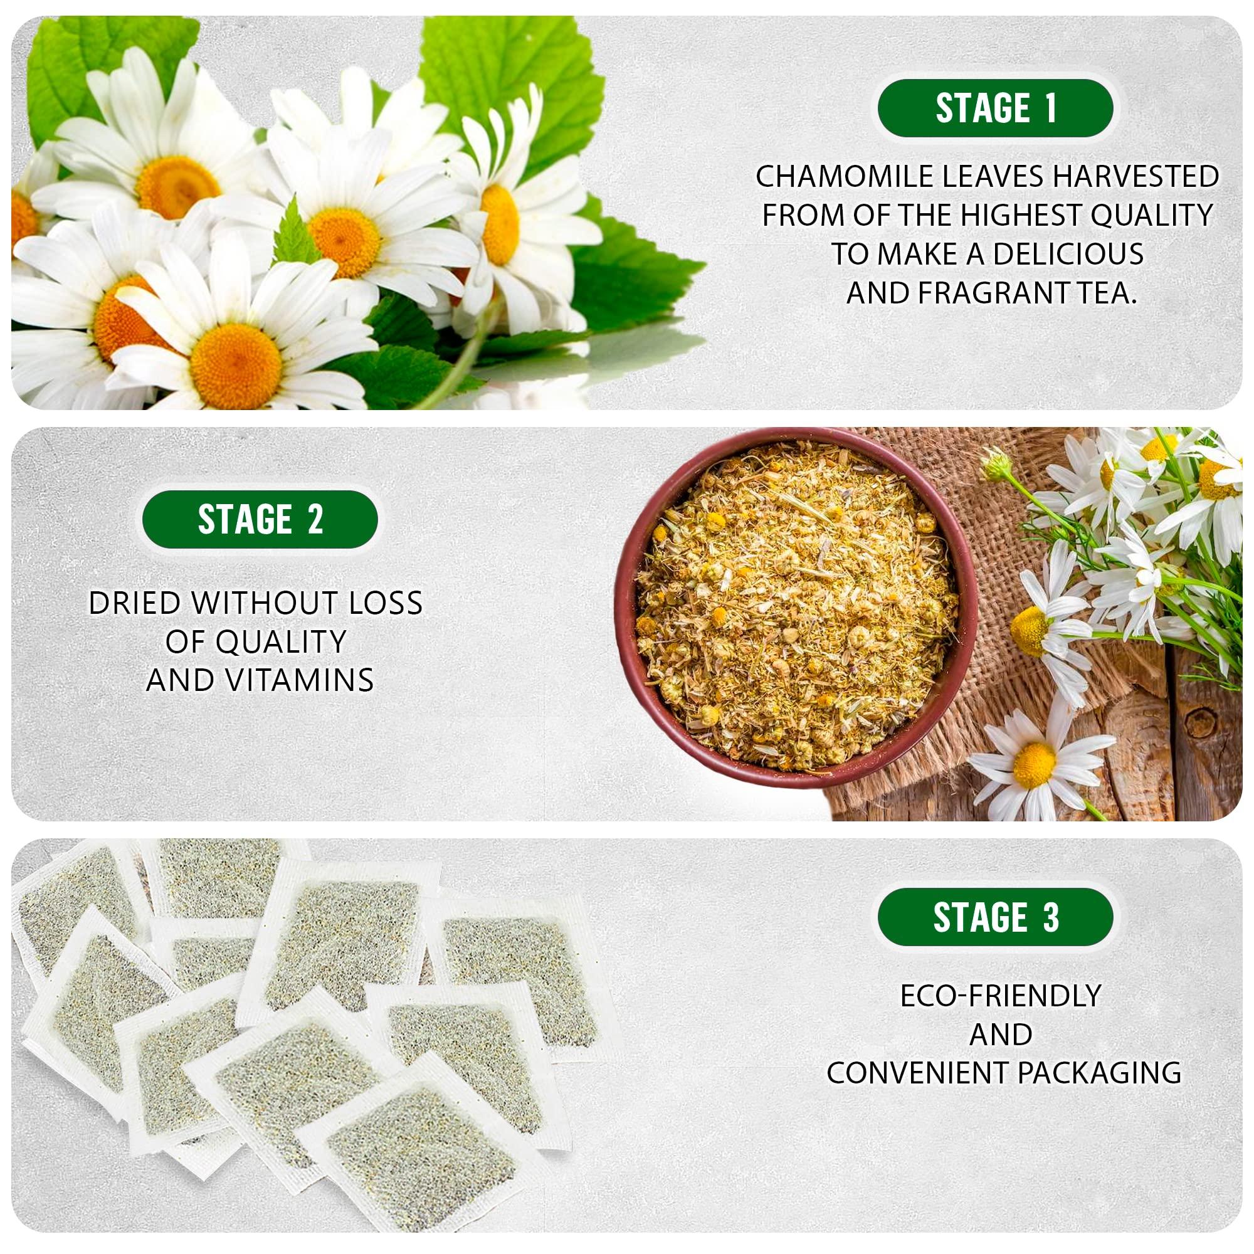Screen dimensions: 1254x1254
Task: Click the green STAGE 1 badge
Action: (x=995, y=108)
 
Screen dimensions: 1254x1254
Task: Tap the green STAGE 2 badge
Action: (x=260, y=519)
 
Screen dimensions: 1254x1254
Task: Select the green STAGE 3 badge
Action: (x=995, y=917)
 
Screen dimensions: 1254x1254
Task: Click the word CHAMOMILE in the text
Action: (x=844, y=177)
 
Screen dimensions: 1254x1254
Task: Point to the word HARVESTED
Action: (x=1135, y=177)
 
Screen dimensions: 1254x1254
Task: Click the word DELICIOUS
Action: (x=1068, y=254)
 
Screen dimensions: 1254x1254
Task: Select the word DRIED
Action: (x=135, y=603)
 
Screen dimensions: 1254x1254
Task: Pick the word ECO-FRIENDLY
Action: (x=1000, y=996)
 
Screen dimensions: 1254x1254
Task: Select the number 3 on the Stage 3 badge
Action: (x=1051, y=918)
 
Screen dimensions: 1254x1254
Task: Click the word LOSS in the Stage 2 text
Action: (x=386, y=603)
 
